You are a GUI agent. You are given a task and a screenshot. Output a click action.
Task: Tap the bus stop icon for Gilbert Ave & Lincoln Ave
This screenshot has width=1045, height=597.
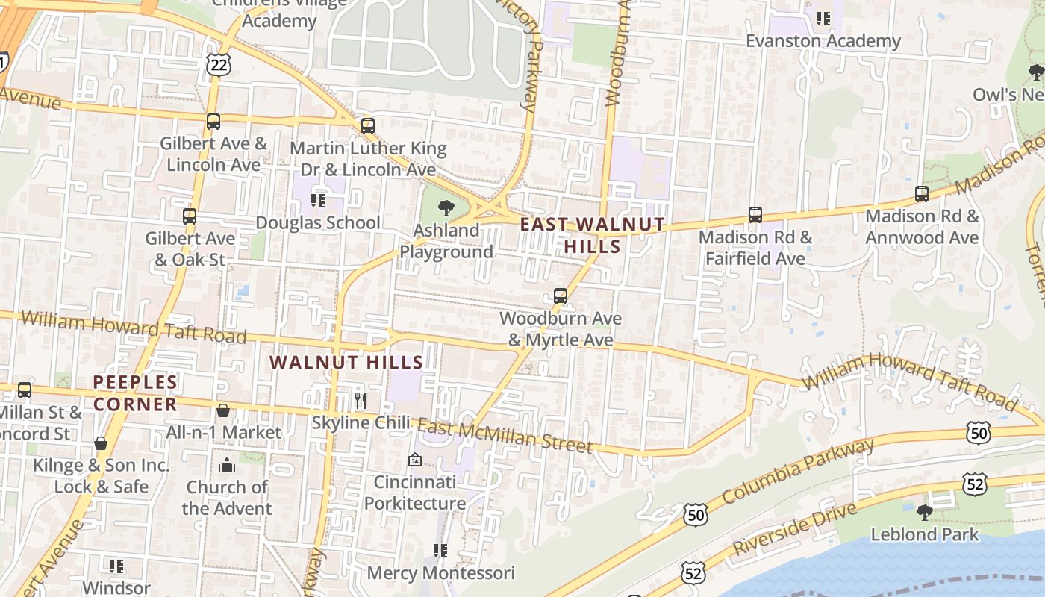213,121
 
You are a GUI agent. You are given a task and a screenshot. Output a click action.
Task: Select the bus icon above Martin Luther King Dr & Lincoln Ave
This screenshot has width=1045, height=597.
367,125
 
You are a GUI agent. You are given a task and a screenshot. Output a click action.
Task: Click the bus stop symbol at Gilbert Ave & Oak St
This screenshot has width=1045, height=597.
190,216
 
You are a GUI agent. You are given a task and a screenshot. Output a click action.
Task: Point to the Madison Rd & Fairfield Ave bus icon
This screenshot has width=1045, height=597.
755,215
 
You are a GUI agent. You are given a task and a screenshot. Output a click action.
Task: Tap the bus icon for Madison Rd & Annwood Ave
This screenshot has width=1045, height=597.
922,194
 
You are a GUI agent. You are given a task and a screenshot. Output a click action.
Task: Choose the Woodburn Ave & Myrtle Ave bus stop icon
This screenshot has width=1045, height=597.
561,296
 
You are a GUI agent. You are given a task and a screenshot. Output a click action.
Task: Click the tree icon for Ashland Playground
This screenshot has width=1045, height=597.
446,208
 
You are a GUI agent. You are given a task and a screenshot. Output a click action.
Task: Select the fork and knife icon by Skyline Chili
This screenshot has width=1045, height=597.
361,401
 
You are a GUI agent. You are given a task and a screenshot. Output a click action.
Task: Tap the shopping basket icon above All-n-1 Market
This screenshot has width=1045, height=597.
222,410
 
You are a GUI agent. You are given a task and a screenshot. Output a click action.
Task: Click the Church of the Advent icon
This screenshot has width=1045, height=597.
227,466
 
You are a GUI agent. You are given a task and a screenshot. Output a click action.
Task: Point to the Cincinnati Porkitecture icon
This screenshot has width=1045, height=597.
415,460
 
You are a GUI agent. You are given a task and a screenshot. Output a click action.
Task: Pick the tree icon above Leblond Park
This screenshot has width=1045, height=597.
925,512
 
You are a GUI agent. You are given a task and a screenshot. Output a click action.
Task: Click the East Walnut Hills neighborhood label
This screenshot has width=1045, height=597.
592,234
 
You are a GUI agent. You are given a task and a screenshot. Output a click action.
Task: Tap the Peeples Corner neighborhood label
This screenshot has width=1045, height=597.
135,393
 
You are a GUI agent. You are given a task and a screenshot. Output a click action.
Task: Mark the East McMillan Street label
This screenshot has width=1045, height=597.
505,436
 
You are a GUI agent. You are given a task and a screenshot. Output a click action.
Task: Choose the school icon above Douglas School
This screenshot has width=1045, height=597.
319,200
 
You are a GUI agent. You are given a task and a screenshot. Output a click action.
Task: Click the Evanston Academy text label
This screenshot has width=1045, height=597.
823,41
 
